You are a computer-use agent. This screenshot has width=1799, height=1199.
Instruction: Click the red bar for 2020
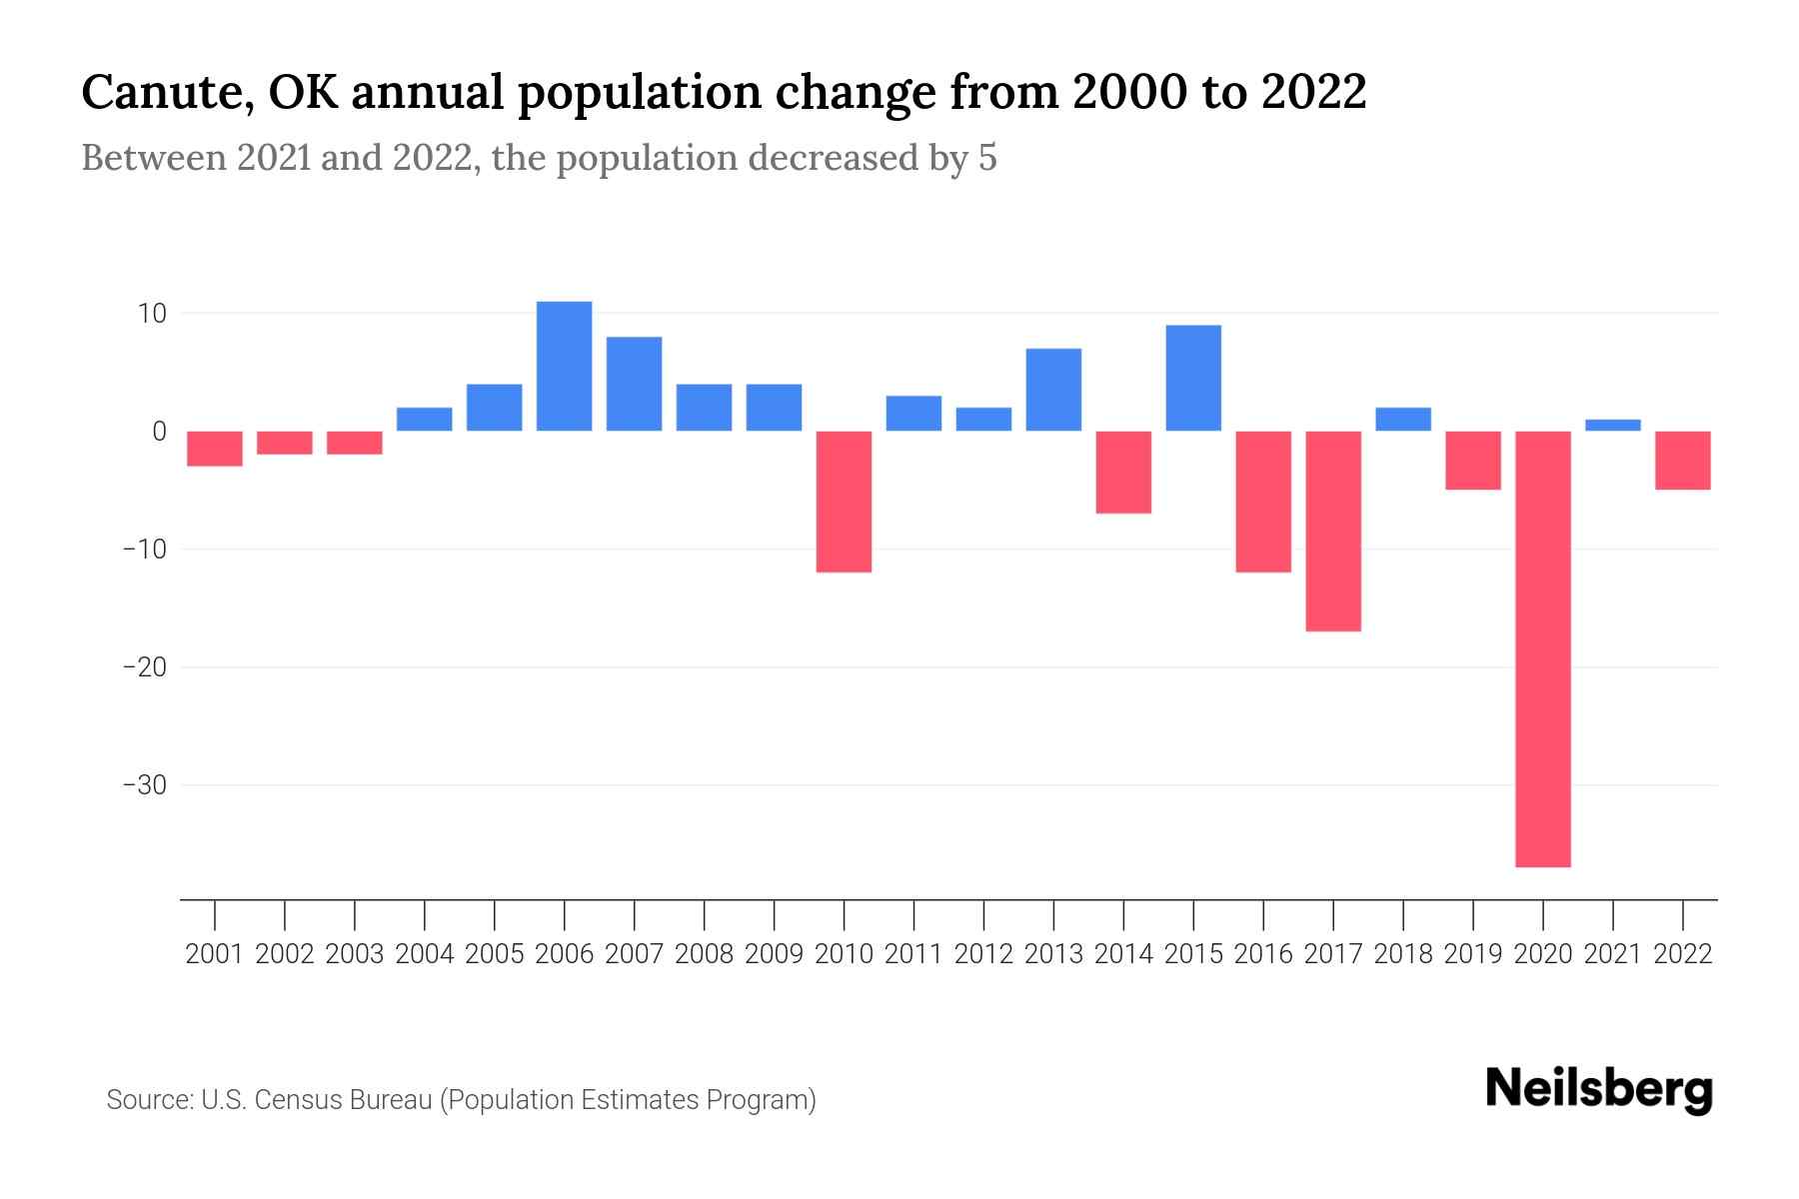point(1543,649)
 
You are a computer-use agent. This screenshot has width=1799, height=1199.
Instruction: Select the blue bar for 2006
point(564,367)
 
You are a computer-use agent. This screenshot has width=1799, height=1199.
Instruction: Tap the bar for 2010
point(844,502)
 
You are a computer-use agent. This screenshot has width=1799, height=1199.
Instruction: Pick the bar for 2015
point(1193,379)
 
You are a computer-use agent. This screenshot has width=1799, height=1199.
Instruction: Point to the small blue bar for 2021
point(1613,426)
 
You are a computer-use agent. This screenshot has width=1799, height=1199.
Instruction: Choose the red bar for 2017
point(1333,532)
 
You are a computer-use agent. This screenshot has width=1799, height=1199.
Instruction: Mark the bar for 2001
point(215,449)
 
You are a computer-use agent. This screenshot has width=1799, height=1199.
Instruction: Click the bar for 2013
point(1053,390)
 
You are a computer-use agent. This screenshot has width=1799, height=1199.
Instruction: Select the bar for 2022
point(1683,461)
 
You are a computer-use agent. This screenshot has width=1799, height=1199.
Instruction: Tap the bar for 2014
point(1123,473)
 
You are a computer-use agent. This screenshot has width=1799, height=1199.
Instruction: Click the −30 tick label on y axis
point(144,785)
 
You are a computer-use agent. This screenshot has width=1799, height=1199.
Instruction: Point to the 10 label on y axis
point(152,314)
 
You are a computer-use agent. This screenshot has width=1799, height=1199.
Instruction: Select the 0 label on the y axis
point(159,432)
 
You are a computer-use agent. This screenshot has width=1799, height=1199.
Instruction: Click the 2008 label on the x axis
point(705,954)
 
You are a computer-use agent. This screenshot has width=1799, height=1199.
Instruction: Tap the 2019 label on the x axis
point(1473,954)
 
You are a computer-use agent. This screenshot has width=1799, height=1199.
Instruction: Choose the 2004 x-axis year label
point(425,954)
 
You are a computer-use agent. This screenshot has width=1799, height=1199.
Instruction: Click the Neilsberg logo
point(1599,1089)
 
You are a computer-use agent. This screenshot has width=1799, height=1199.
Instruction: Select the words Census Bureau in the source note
point(344,1100)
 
